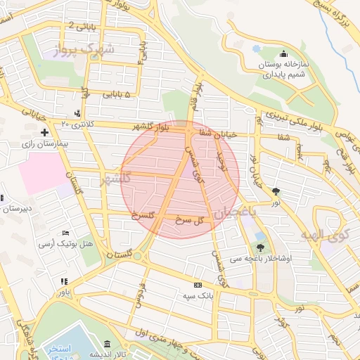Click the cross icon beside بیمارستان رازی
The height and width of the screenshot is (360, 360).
(44, 132)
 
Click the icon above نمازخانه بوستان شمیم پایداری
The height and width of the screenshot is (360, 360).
(283, 53)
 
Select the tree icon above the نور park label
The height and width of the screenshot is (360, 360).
(276, 191)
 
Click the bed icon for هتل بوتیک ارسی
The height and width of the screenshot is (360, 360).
(66, 233)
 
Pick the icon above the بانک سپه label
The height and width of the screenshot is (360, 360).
(198, 285)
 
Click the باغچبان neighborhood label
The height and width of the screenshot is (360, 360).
(236, 211)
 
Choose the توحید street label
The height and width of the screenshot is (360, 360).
(220, 155)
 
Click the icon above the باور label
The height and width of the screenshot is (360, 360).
(63, 281)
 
